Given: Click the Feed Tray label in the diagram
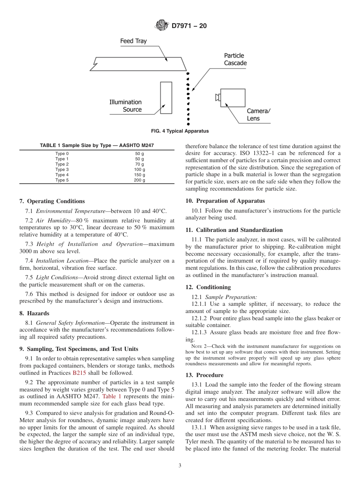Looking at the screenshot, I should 133,41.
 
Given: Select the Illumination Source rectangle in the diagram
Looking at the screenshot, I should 166,97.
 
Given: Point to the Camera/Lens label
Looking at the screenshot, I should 259,114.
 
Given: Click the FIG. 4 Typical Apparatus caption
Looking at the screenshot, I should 180,131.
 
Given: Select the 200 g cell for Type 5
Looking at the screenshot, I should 139,180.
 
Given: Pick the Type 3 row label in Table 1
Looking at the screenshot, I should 62,169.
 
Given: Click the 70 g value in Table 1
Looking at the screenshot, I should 139,164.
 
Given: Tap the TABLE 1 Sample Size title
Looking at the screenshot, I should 97,146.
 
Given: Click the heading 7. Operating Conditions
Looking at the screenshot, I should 52,201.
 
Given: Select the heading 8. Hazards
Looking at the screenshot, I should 34,313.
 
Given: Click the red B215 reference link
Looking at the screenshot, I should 79,373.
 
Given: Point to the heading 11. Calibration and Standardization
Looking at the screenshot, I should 234,230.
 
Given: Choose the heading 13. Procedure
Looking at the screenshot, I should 204,375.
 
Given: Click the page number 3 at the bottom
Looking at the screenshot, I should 180,466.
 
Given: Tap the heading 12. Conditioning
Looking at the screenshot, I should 208,287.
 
